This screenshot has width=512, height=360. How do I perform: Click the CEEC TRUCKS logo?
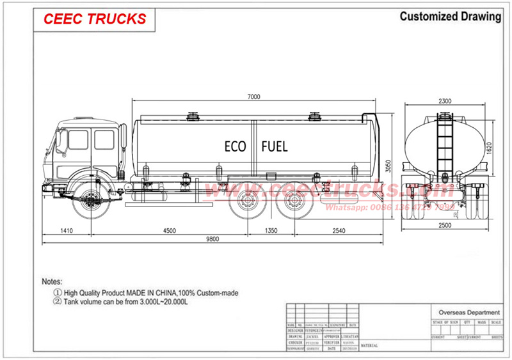coord(95,19)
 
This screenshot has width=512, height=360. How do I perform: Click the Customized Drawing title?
coord(450,16)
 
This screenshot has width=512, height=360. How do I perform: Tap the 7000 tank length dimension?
coord(253,97)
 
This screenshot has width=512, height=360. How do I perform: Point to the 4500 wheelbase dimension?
coord(168,230)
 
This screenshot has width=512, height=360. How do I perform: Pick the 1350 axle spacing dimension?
coord(271,230)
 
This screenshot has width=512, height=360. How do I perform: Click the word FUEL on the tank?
coord(275,146)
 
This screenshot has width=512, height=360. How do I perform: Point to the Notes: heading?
coord(53,281)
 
